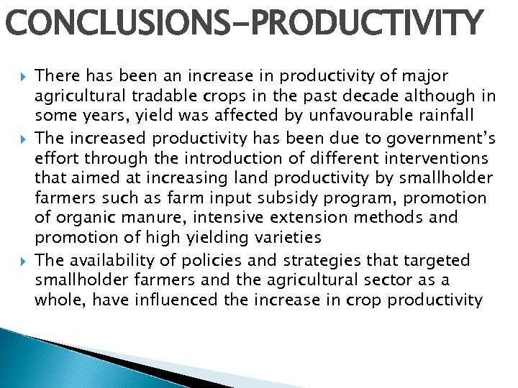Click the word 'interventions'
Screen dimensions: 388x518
[x=440, y=156]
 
